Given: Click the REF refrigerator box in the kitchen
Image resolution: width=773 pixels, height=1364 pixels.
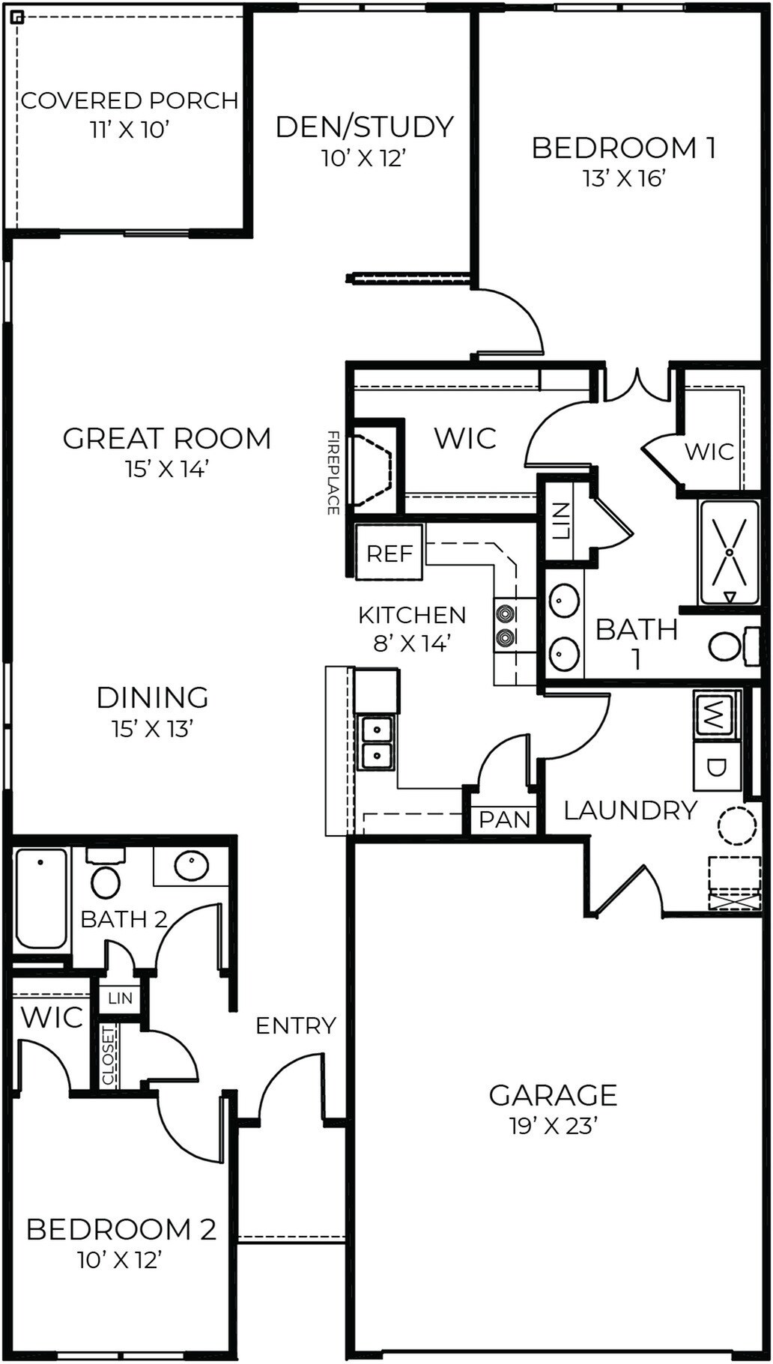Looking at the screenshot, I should pyautogui.click(x=389, y=553).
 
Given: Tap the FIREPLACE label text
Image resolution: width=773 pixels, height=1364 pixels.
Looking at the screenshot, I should pyautogui.click(x=333, y=472).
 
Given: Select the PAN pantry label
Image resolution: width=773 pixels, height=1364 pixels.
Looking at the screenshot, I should pyautogui.click(x=504, y=819).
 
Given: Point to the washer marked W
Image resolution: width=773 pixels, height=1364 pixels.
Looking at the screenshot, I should pyautogui.click(x=715, y=715).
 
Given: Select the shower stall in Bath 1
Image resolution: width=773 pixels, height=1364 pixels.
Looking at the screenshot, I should pyautogui.click(x=729, y=553).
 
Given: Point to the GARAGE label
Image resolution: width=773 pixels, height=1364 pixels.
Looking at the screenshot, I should pyautogui.click(x=553, y=1095).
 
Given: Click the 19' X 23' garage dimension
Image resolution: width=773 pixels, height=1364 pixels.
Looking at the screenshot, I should pyautogui.click(x=553, y=1126).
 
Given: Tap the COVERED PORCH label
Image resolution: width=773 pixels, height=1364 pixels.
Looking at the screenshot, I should pyautogui.click(x=129, y=100).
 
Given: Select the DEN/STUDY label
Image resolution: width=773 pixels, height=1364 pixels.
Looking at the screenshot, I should pyautogui.click(x=365, y=127).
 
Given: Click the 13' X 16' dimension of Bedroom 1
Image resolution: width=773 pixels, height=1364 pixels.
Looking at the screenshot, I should pyautogui.click(x=624, y=178).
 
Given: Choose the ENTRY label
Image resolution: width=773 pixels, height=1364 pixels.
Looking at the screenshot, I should pyautogui.click(x=296, y=1025).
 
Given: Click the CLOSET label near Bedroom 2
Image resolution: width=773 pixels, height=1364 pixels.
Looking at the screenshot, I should pyautogui.click(x=109, y=1056).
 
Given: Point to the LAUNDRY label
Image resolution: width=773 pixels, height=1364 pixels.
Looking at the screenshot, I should pyautogui.click(x=630, y=810).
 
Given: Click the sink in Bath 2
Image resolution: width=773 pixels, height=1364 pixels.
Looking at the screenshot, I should pyautogui.click(x=192, y=866).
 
